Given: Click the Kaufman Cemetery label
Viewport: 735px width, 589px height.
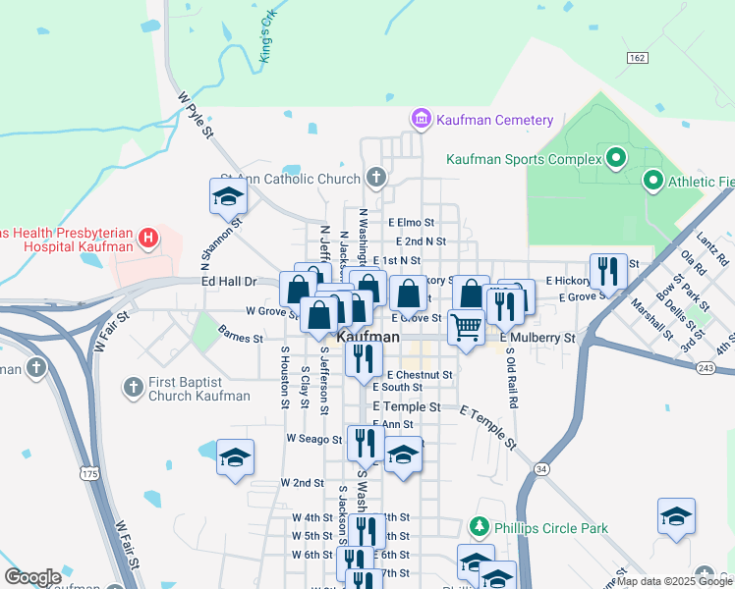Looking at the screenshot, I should click(496, 120).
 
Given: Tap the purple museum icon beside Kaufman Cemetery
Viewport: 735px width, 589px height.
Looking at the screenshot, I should click(422, 120).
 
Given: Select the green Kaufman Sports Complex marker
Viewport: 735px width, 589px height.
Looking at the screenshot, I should click(616, 157).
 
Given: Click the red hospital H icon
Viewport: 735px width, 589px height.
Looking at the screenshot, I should click(147, 237).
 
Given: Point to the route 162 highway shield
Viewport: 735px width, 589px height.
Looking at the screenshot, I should click(637, 58).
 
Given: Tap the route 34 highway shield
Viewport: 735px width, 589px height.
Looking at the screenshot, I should click(542, 470).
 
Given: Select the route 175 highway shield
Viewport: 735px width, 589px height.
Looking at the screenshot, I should click(90, 474).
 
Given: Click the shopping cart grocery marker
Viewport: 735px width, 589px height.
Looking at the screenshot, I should click(466, 327).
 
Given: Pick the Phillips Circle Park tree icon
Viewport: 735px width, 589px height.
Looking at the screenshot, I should click(480, 528).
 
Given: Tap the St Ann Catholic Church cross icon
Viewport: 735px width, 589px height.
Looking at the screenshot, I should click(374, 178).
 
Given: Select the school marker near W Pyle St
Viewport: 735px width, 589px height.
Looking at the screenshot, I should click(228, 196).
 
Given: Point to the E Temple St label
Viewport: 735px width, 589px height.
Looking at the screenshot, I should click(404, 405).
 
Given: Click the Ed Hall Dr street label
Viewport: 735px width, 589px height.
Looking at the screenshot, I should click(228, 282).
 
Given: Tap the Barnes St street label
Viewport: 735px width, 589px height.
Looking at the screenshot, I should click(241, 337).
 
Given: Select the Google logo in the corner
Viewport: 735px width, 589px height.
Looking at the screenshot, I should click(32, 577).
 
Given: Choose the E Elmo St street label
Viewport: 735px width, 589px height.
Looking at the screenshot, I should click(411, 223).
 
